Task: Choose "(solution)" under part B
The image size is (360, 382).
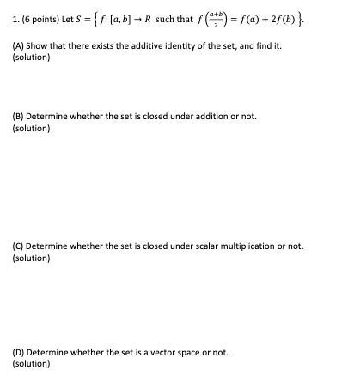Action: coord(31,128)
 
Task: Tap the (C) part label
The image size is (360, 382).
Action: coord(19,246)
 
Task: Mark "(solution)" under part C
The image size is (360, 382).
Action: coord(31,258)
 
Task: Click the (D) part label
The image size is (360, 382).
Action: coord(19,352)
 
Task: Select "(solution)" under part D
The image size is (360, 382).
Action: coord(31,364)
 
